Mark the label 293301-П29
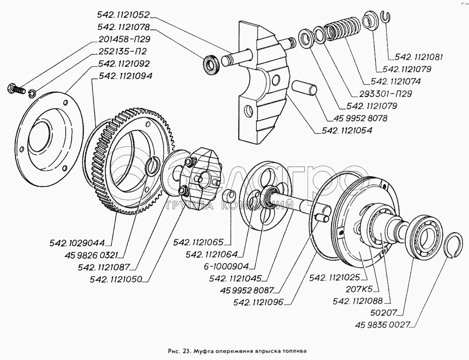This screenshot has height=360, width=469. coord(386,93)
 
